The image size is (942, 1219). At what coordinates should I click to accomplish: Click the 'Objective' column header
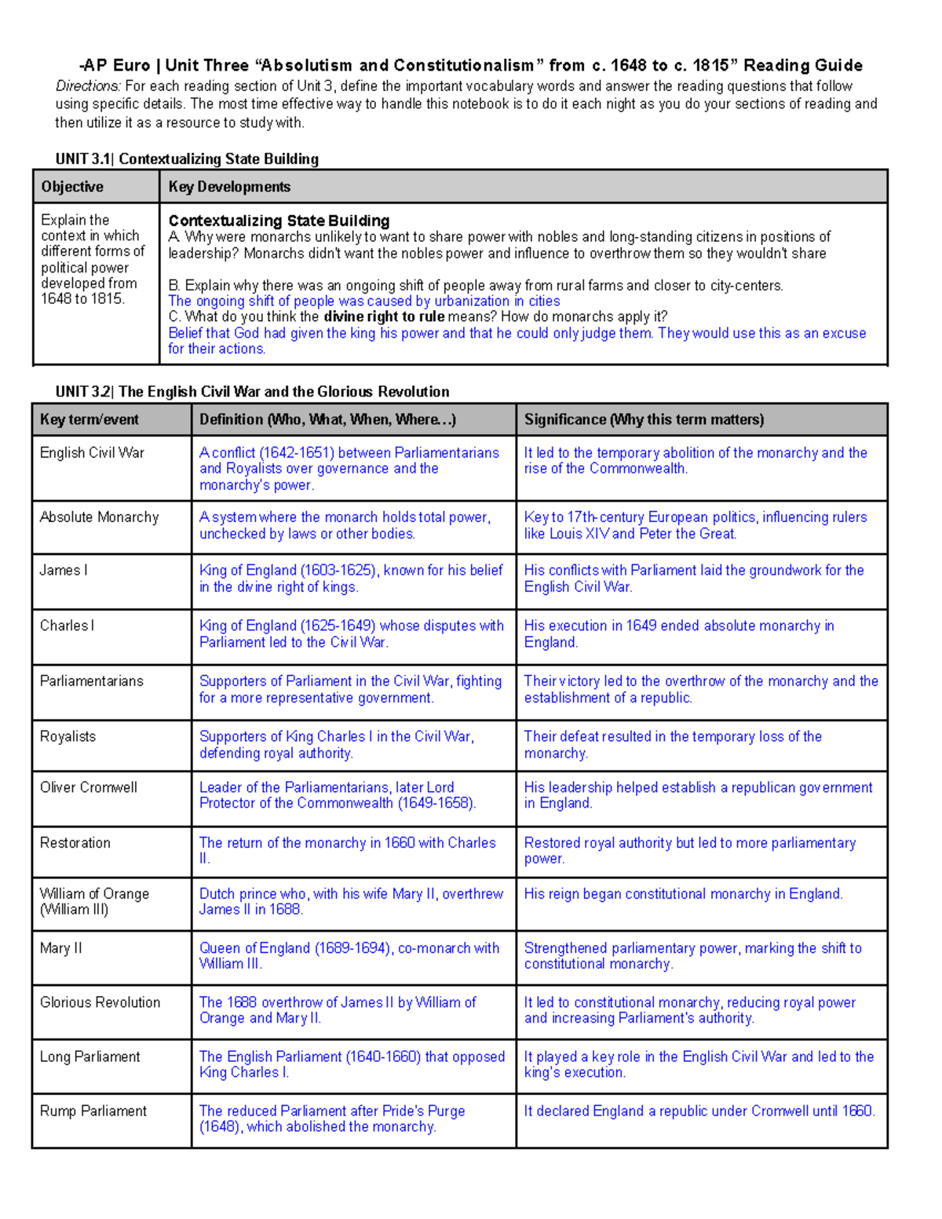pyautogui.click(x=72, y=187)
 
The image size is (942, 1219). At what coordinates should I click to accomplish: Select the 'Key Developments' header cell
pyautogui.click(x=229, y=187)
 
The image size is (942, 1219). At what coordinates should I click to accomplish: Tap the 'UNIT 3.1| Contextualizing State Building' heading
pyautogui.click(x=187, y=159)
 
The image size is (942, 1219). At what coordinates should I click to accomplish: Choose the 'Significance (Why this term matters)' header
pyautogui.click(x=644, y=420)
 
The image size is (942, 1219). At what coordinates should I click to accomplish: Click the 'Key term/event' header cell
pyautogui.click(x=89, y=420)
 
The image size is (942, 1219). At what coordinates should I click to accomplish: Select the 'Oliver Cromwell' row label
pyautogui.click(x=89, y=787)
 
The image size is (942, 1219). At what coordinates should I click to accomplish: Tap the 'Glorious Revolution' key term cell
pyautogui.click(x=100, y=1002)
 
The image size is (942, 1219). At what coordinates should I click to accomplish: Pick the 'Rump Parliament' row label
pyautogui.click(x=93, y=1111)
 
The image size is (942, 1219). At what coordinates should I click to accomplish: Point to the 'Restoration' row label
pyautogui.click(x=75, y=843)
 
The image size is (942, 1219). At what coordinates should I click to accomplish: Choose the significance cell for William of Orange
pyautogui.click(x=683, y=894)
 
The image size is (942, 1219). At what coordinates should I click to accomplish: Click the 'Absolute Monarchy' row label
pyautogui.click(x=100, y=517)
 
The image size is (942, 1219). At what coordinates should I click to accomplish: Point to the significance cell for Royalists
pyautogui.click(x=673, y=745)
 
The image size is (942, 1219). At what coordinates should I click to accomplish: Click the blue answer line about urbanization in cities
pyautogui.click(x=364, y=301)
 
